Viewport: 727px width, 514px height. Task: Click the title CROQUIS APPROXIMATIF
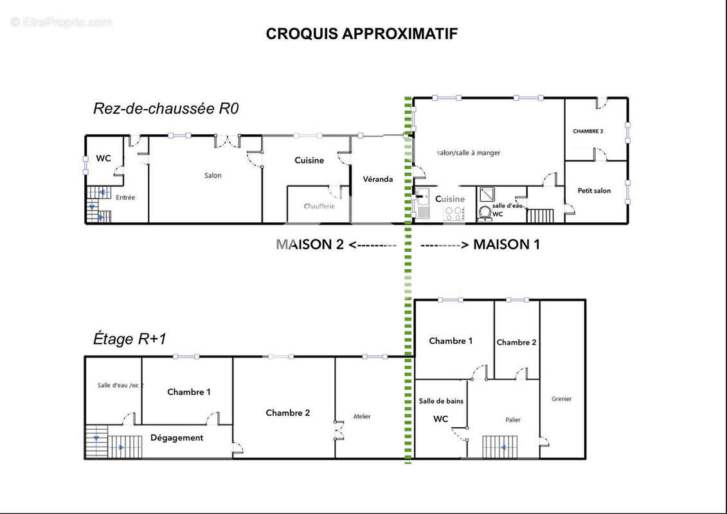(362, 34)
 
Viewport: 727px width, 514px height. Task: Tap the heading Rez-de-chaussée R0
(166, 109)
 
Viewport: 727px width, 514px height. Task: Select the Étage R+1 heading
(130, 339)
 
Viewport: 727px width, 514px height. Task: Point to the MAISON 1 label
(507, 244)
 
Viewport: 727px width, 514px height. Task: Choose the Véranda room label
(377, 179)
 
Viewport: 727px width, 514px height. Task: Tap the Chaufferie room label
(319, 206)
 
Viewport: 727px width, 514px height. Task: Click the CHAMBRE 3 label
(588, 131)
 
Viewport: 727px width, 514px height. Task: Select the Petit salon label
(594, 191)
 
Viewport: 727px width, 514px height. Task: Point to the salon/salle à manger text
(468, 153)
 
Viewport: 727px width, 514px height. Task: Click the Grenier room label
(561, 399)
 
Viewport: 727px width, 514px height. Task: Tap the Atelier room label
(362, 416)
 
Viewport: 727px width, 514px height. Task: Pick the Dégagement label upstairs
(177, 438)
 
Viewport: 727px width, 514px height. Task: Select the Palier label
(512, 420)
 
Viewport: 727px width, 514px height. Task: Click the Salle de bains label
(441, 401)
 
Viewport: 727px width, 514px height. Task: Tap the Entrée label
(125, 198)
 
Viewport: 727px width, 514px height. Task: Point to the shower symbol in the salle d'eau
(485, 194)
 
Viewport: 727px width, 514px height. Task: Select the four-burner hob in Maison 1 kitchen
(454, 213)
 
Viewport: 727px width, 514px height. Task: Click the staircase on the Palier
(499, 447)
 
